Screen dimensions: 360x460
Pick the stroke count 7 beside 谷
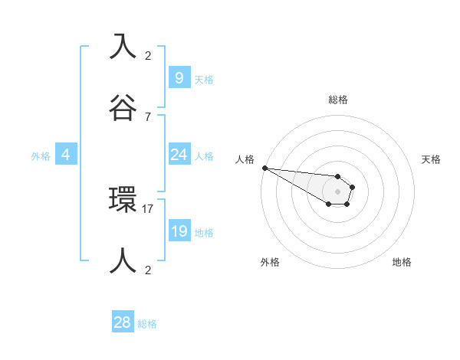pos(148,116)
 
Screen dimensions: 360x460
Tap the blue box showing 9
pos(179,77)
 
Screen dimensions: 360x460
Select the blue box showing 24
pos(179,155)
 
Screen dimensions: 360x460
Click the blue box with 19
pos(179,231)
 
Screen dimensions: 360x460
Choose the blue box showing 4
pos(66,155)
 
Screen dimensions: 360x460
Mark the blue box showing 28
pos(122,322)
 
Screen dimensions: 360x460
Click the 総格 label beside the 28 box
pos(147,324)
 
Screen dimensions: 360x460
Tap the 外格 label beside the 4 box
pos(41,156)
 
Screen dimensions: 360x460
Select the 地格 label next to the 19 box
pos(205,233)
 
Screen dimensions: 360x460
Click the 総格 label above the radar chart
pos(337,100)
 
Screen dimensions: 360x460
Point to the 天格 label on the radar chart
pos(431,159)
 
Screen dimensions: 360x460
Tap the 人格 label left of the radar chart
pos(245,159)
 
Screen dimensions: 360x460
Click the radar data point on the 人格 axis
pos(264,168)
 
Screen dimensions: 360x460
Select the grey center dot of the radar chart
pos(337,191)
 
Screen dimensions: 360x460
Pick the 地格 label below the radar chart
pos(402,262)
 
